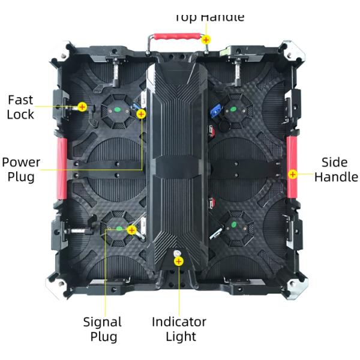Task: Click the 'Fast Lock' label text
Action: pos(20,107)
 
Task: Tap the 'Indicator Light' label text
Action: pos(179,329)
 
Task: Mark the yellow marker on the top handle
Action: pos(206,40)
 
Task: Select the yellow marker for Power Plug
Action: pos(141,113)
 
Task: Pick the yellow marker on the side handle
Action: pos(292,174)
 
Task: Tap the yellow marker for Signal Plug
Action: pos(131,229)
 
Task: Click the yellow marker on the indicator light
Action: pos(178,261)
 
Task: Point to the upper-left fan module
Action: pos(116,112)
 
